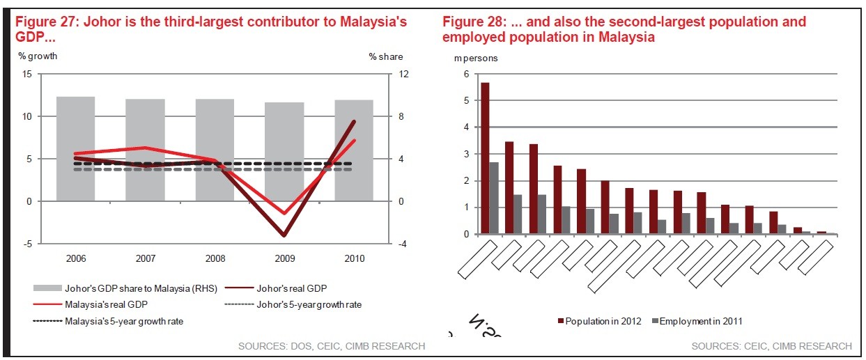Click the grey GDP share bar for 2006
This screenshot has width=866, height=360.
[75, 149]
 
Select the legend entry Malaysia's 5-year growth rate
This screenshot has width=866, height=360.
[114, 321]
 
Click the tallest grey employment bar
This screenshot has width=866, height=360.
[494, 198]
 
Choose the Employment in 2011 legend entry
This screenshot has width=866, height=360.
[699, 321]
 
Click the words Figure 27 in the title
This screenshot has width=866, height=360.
[46, 22]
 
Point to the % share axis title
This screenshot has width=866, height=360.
[385, 56]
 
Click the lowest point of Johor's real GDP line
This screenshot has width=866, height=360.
[284, 236]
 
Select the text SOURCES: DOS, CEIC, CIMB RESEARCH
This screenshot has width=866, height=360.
[331, 346]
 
